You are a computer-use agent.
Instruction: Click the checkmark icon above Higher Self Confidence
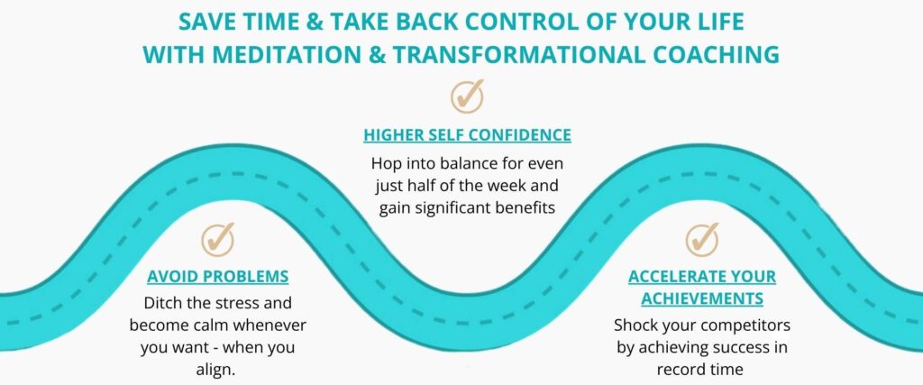(468, 96)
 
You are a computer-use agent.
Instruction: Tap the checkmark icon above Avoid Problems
(218, 239)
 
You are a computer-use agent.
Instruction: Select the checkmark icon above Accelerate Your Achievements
(702, 239)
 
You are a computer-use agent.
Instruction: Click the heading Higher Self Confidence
(468, 135)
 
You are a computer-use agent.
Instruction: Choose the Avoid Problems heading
(218, 277)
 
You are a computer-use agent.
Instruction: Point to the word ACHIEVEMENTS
(702, 298)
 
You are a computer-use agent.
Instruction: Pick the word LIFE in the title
(720, 22)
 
